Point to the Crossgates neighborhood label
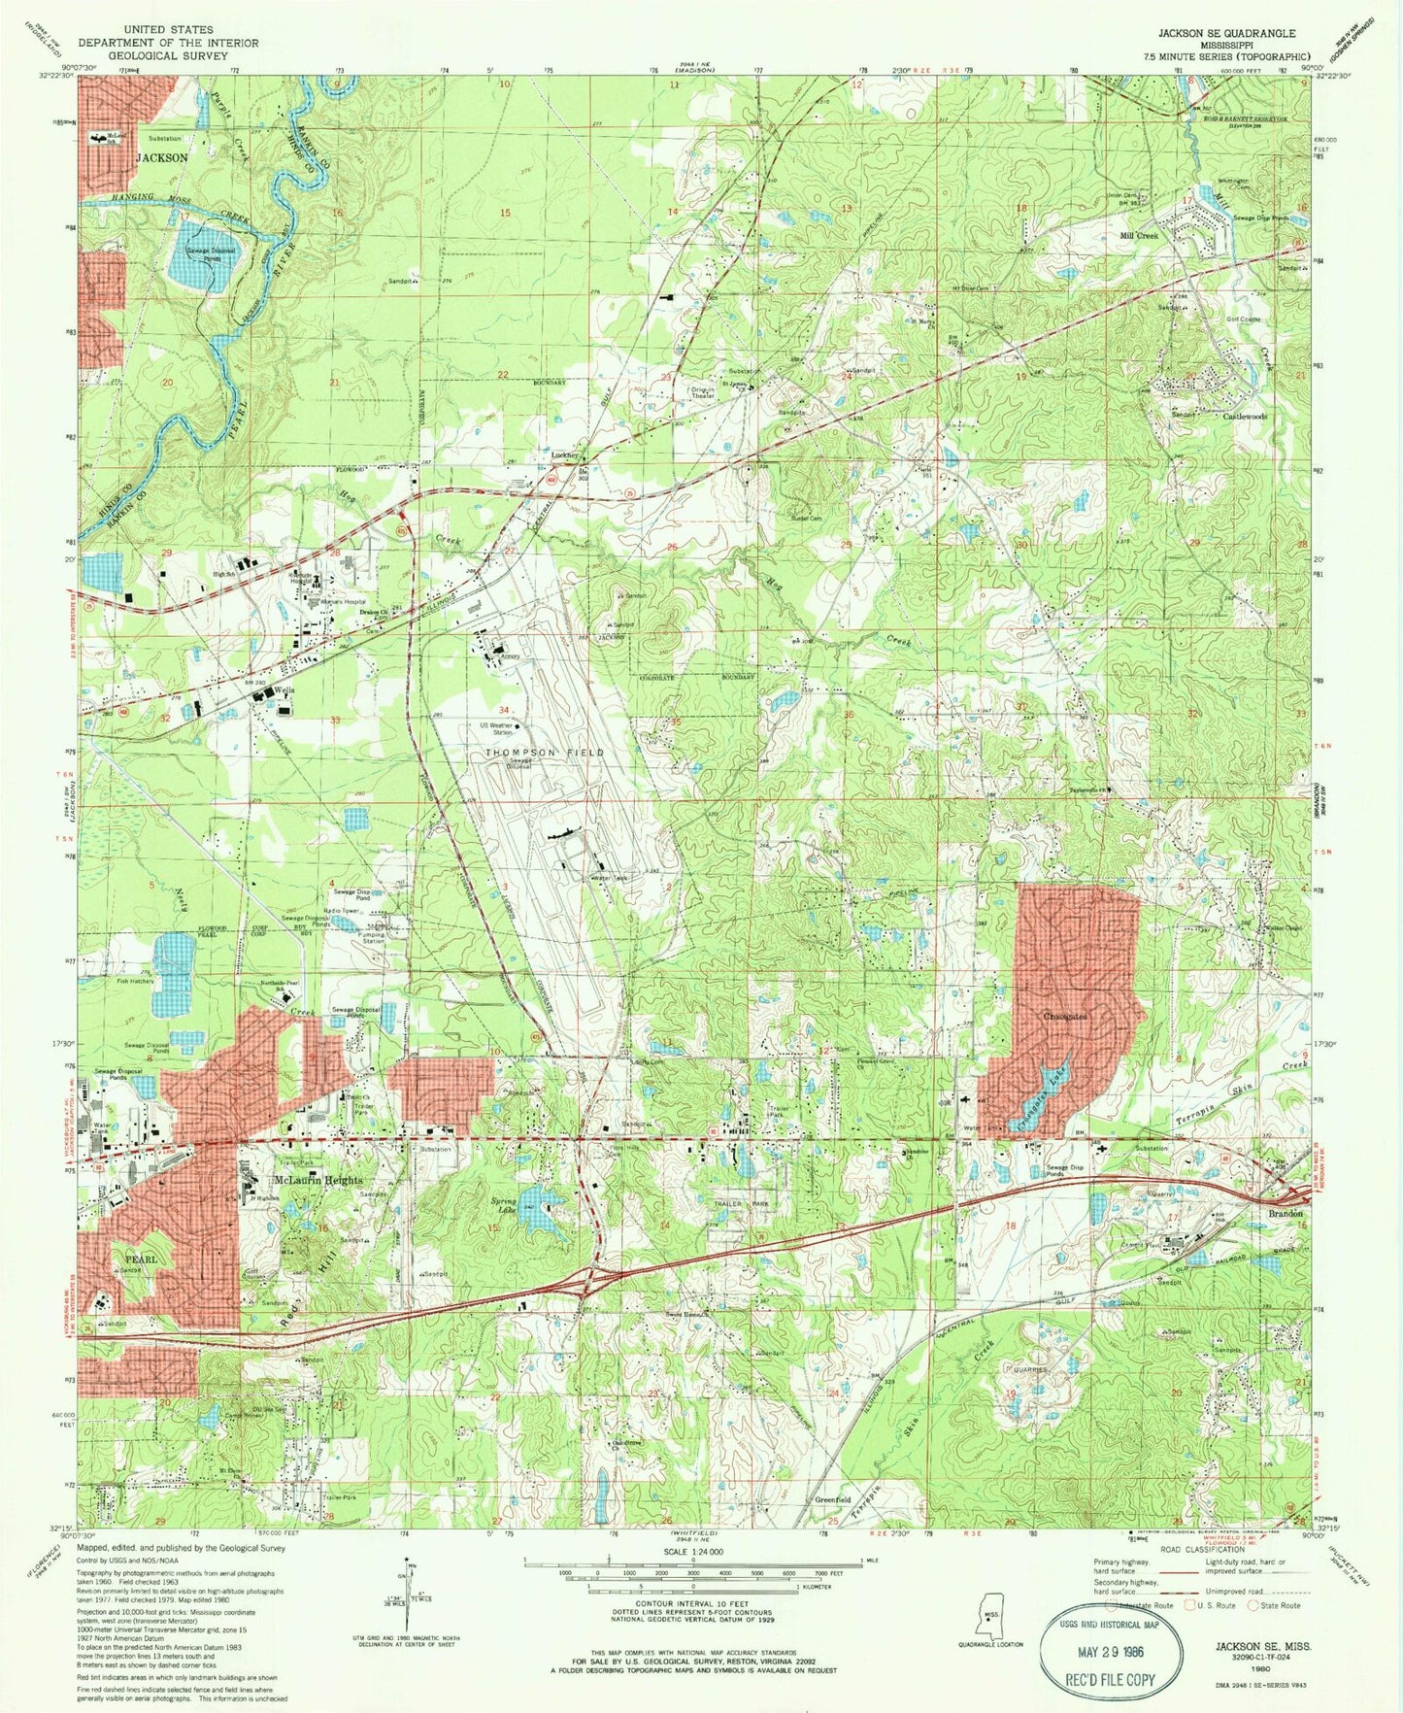1065,1017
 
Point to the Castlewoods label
1245,417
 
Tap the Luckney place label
565,454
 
